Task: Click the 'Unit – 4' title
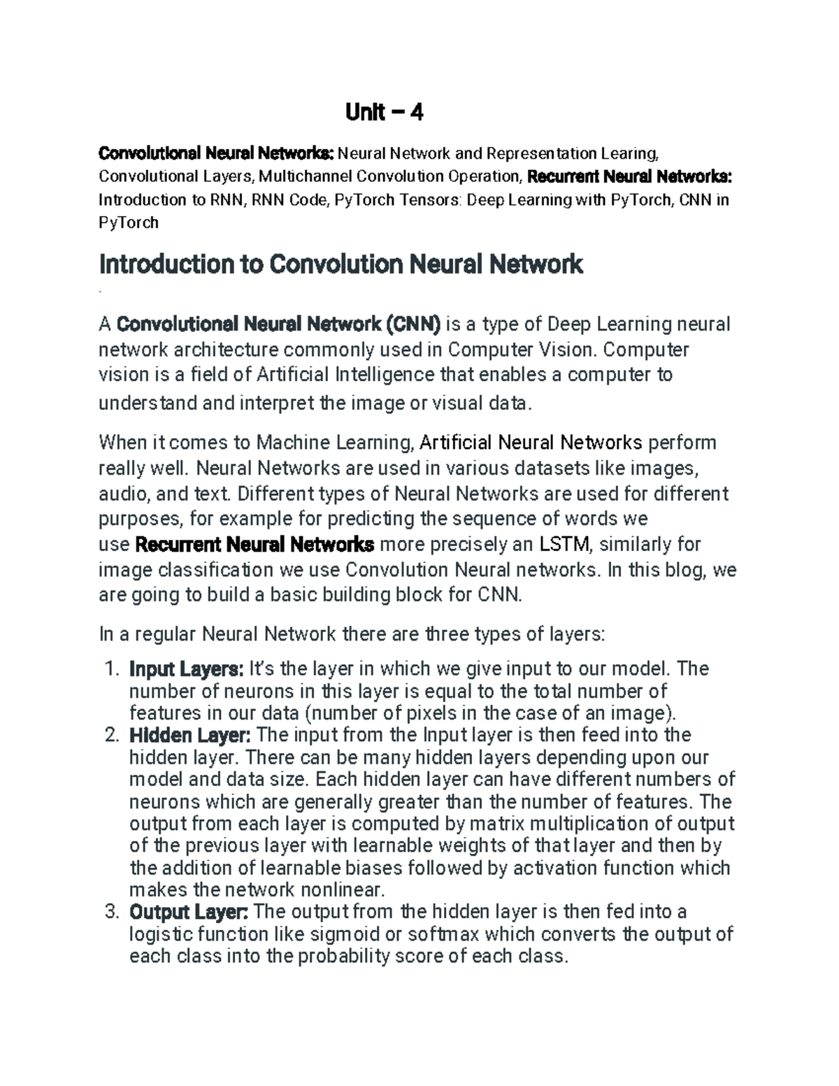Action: click(x=385, y=112)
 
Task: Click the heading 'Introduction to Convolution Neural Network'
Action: click(x=341, y=265)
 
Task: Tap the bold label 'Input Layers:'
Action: click(x=186, y=669)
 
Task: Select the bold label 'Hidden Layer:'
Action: click(x=189, y=735)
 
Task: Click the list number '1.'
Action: click(x=112, y=669)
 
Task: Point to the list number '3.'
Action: click(x=112, y=912)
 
